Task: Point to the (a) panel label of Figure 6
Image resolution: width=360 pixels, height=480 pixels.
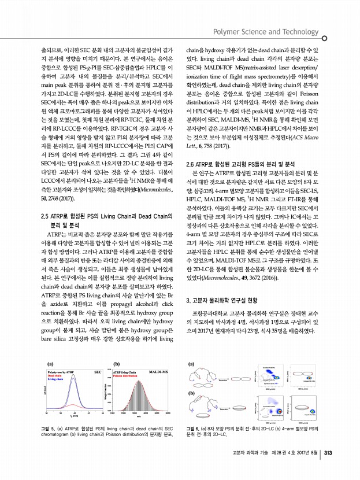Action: click(x=193, y=365)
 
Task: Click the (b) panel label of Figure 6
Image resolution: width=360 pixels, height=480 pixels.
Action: click(x=193, y=393)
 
